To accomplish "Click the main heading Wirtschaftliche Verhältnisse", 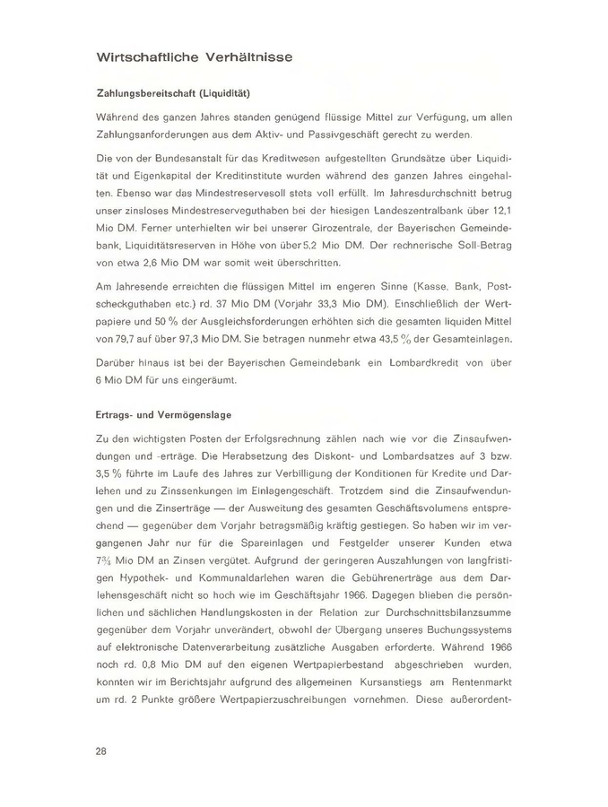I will (194, 58).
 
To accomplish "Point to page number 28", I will (101, 752).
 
